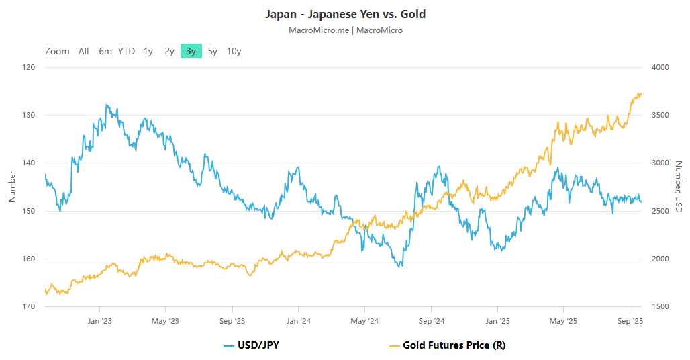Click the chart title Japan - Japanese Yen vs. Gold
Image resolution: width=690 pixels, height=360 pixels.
(x=345, y=14)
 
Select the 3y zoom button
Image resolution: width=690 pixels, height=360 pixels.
(x=191, y=51)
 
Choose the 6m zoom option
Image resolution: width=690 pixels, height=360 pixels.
(x=105, y=51)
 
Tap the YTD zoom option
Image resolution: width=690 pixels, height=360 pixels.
(x=126, y=51)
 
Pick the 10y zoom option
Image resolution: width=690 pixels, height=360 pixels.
(x=234, y=51)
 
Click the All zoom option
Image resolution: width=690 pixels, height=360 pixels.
(x=83, y=51)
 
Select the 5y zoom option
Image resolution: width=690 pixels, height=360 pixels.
(x=212, y=51)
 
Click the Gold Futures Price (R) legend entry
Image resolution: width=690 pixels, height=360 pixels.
(x=448, y=345)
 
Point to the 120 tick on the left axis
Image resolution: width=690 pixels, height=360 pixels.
(x=29, y=67)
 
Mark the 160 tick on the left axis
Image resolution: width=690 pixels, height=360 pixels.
(x=29, y=259)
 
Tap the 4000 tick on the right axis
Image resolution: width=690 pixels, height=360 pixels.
(x=660, y=67)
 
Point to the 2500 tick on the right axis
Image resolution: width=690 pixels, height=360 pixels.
(x=660, y=211)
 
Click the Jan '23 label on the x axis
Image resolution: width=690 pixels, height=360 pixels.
(x=99, y=321)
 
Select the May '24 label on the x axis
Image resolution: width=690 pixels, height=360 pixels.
(x=364, y=321)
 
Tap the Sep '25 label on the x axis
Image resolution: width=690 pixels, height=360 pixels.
(x=630, y=321)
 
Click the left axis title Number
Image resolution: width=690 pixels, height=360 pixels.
(x=11, y=187)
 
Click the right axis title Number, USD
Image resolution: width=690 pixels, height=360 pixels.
(x=679, y=187)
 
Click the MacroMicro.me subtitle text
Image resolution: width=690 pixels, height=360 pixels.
(x=319, y=30)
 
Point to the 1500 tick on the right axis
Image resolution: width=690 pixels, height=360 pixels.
(x=660, y=306)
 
